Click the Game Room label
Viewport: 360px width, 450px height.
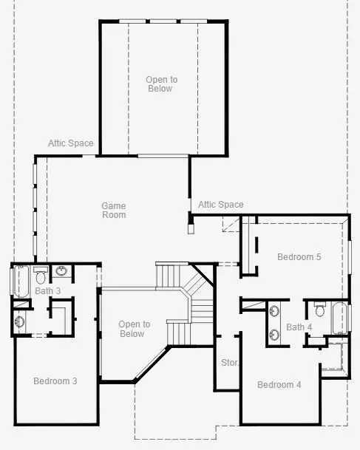coord(114,211)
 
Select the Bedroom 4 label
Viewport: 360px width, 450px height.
coord(279,385)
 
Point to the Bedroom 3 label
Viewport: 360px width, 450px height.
coord(55,381)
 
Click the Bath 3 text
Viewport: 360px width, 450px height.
coord(48,290)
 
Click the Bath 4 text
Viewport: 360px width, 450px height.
coord(299,327)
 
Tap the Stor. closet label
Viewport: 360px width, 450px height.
coord(229,363)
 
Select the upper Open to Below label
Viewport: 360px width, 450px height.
coord(161,84)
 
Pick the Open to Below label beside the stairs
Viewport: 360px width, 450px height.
coord(135,329)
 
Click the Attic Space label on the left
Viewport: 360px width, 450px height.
coord(71,143)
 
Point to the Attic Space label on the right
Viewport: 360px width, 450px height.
coord(220,205)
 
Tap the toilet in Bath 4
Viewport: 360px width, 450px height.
coord(320,307)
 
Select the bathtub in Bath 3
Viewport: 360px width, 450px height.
coord(20,280)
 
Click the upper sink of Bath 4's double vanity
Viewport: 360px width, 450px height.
coord(275,311)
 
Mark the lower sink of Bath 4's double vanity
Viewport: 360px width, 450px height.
coord(275,333)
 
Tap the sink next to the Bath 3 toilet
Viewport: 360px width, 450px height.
coord(62,271)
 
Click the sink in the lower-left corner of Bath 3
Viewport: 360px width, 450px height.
coord(20,321)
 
